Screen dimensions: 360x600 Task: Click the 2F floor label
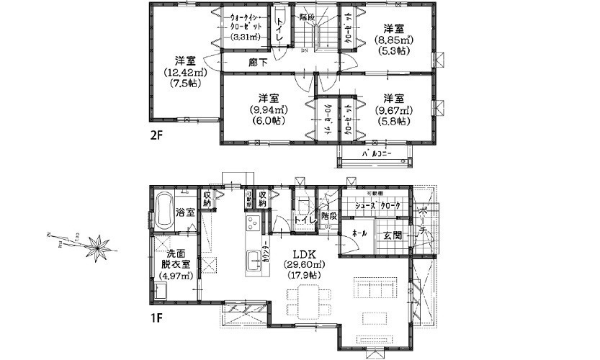pos(158,135)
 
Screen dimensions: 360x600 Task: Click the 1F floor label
pos(157,315)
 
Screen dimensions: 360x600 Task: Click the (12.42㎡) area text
pos(186,73)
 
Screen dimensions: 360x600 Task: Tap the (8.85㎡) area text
pos(392,40)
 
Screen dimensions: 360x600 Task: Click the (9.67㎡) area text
pos(393,109)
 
